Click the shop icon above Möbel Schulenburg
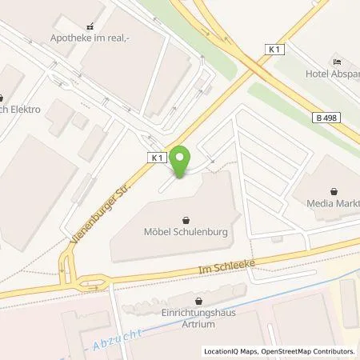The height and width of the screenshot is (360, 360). pos(186,219)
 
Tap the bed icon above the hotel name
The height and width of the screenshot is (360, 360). pos(336,62)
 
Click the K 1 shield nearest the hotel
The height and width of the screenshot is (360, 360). pos(275,50)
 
